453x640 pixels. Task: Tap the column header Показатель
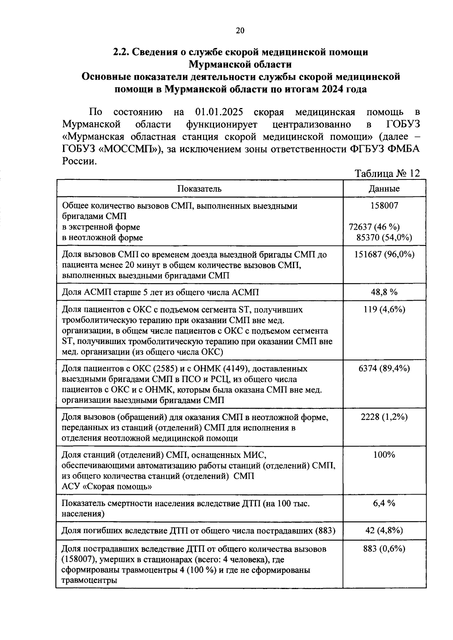pos(200,189)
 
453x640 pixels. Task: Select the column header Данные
pos(384,189)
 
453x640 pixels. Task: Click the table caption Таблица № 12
pos(387,173)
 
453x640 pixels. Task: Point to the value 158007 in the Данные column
pos(384,206)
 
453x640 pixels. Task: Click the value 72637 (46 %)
pos(374,227)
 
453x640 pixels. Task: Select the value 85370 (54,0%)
pos(384,238)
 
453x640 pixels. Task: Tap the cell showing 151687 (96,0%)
pos(384,254)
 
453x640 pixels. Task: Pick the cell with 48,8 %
pos(384,292)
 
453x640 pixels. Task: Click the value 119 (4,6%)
pos(384,309)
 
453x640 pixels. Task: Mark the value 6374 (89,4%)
pos(384,368)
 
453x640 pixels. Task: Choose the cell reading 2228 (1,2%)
pos(384,417)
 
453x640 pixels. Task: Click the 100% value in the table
pos(384,455)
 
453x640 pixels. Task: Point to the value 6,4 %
pos(384,503)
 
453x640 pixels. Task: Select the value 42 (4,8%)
pos(384,531)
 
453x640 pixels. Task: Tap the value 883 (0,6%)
pos(384,549)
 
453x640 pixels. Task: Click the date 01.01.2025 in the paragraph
pos(219,113)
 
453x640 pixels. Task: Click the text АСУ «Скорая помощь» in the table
pos(107,487)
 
